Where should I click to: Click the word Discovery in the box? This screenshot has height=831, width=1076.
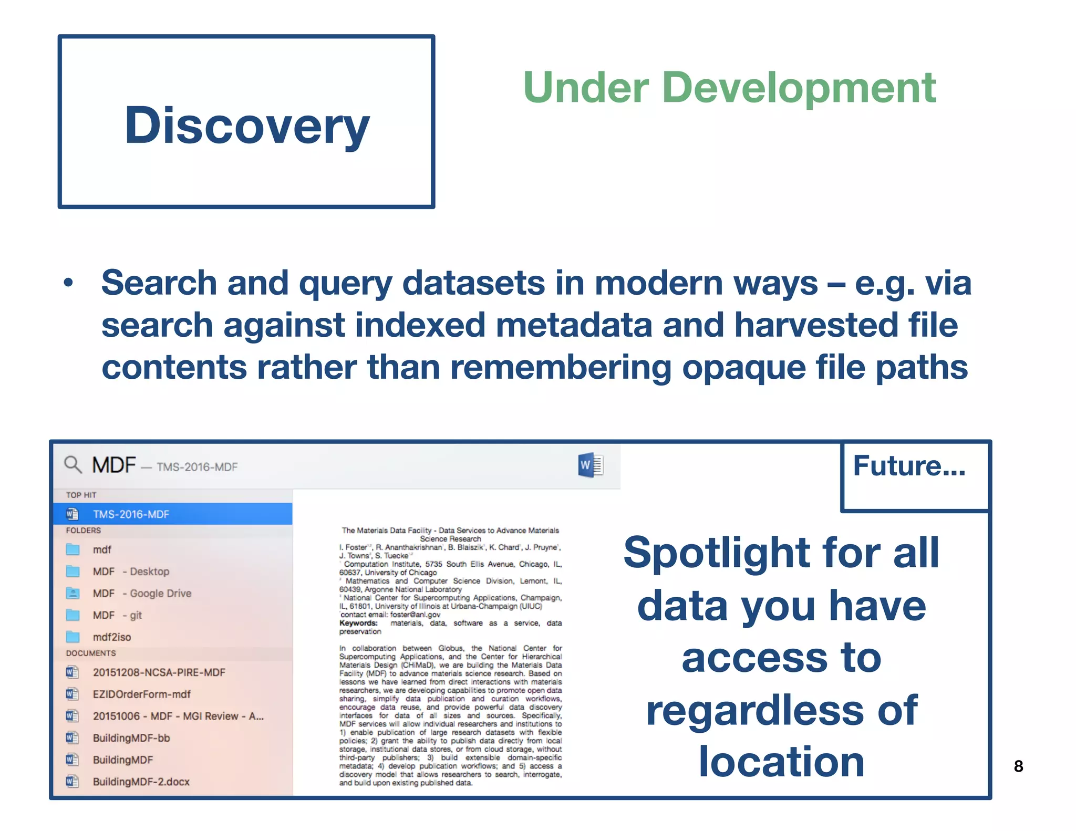(247, 126)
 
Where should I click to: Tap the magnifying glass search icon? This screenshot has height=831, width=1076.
(73, 465)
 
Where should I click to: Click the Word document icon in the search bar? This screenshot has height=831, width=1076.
(590, 465)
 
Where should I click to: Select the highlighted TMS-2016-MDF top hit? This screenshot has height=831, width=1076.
(131, 514)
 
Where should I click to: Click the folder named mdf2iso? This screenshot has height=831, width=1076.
(111, 637)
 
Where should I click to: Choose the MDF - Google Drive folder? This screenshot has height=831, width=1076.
(142, 593)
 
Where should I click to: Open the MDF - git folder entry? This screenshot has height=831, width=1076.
(117, 615)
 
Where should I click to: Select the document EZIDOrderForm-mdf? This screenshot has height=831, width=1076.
(141, 694)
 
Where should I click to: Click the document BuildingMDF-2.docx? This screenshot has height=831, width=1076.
(141, 782)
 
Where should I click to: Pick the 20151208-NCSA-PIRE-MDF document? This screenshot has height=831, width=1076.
(159, 672)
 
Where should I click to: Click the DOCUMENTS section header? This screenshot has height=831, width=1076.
(91, 653)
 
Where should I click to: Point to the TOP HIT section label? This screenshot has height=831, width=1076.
(81, 495)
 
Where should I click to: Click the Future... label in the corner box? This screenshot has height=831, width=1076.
(909, 466)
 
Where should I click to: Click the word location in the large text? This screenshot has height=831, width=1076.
(781, 762)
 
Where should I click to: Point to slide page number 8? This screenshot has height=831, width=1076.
(1018, 766)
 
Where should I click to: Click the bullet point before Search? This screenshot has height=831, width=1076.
(68, 283)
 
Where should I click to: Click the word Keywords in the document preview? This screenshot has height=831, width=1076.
(358, 623)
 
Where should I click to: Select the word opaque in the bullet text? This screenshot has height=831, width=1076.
(743, 367)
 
